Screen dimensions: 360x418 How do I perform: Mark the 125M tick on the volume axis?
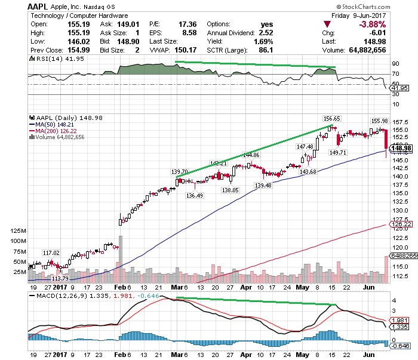(19, 230)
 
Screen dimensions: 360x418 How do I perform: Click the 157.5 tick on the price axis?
(401, 121)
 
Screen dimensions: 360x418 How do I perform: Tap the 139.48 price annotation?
(263, 186)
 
